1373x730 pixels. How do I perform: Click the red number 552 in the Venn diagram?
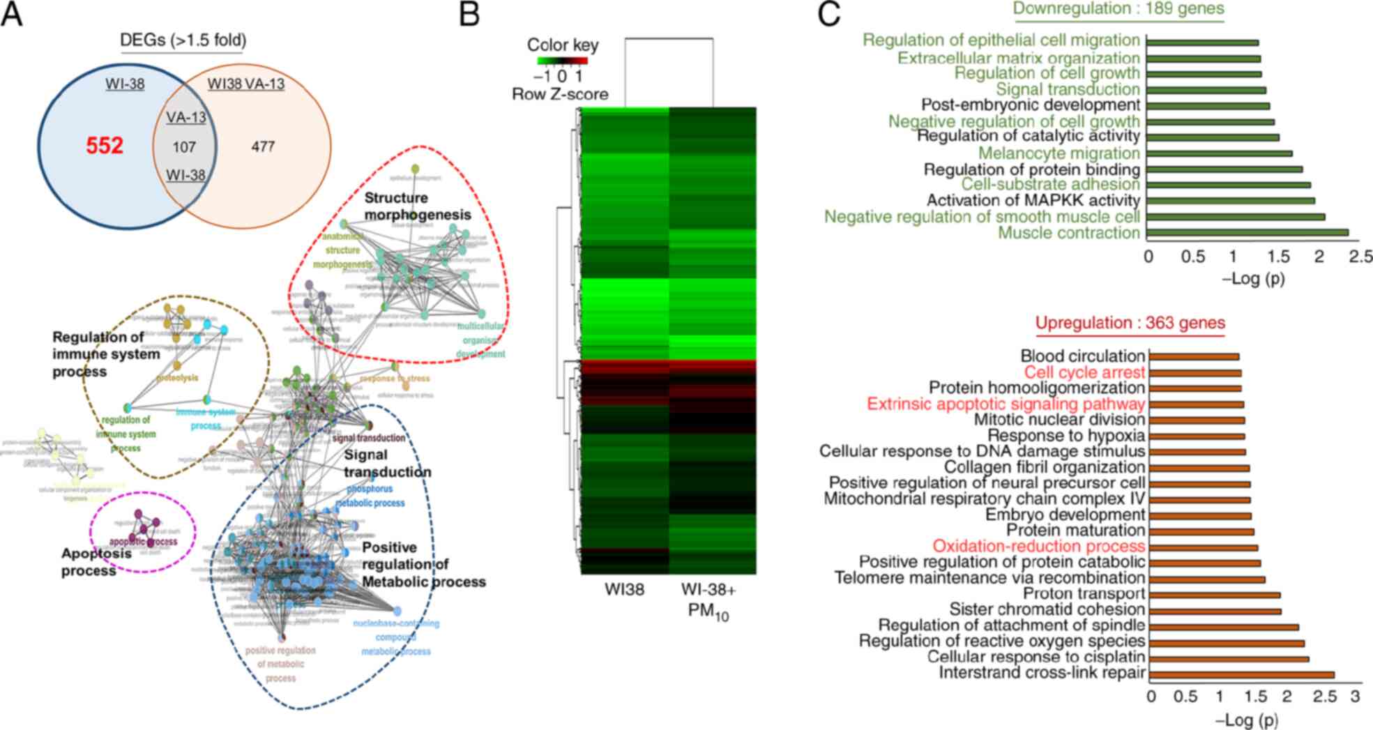click(105, 146)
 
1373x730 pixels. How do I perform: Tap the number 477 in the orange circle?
click(263, 146)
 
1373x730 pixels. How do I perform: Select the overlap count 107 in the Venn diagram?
click(184, 147)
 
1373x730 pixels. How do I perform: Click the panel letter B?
click(469, 14)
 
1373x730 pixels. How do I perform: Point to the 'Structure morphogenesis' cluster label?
click(417, 206)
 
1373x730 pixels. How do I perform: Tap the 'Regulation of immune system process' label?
click(106, 354)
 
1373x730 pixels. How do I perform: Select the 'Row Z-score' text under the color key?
click(560, 94)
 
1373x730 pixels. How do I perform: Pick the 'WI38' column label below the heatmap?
click(624, 590)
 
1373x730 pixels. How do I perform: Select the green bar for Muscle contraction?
click(1247, 232)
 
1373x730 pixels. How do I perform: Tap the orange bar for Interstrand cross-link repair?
click(1242, 674)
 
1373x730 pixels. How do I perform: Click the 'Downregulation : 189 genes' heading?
click(1118, 8)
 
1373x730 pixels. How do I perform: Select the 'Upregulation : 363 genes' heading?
click(1130, 324)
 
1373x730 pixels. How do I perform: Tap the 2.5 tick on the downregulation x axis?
click(1360, 257)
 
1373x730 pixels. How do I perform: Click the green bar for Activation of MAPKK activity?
click(1231, 201)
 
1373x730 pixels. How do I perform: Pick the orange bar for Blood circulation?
click(1194, 356)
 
